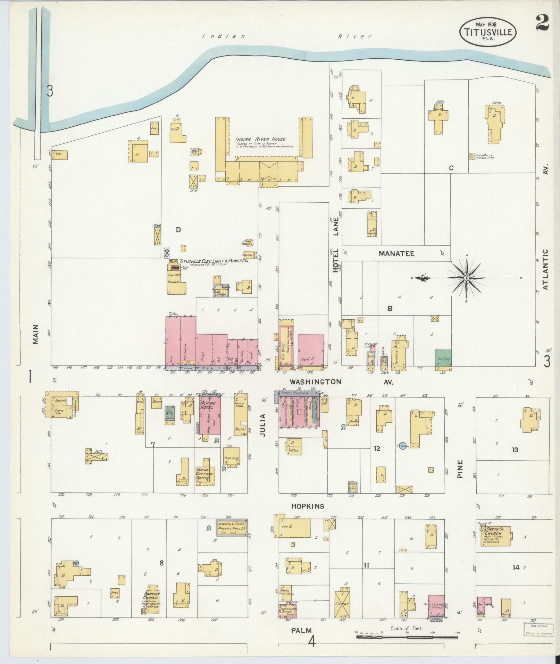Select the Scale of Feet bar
407,637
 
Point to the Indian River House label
260,139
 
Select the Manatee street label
396,254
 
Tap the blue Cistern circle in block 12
403,446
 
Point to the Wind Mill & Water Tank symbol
471,156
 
